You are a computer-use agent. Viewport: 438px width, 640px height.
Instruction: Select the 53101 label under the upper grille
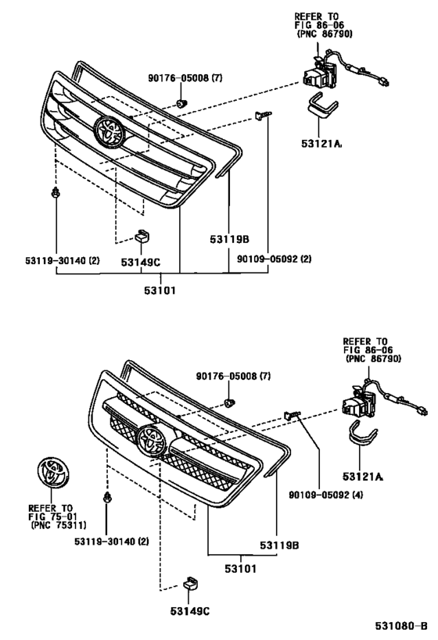coord(159,291)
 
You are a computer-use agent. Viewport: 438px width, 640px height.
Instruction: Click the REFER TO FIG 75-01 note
coord(53,517)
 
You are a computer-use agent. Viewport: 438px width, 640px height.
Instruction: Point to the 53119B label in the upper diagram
coord(228,239)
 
